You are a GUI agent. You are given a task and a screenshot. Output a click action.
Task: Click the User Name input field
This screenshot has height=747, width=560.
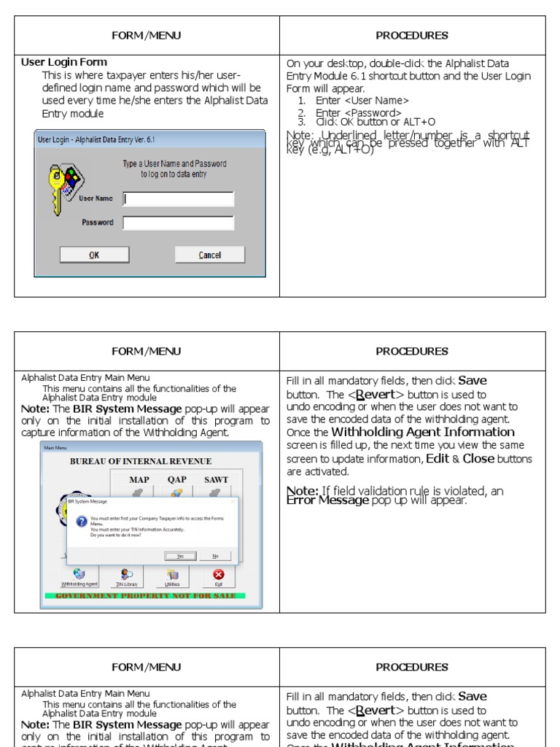(x=179, y=199)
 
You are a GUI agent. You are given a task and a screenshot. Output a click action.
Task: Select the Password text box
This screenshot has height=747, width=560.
(x=179, y=223)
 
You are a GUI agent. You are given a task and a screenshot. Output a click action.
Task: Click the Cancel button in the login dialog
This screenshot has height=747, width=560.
(x=209, y=255)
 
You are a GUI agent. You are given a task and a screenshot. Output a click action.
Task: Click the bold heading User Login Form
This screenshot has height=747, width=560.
(x=64, y=63)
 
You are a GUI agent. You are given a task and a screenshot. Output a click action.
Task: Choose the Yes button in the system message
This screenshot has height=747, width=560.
(x=180, y=556)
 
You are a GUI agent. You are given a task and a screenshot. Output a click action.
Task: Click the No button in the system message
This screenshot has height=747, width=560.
(x=215, y=556)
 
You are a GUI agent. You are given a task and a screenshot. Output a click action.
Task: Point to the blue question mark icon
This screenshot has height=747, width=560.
(x=81, y=521)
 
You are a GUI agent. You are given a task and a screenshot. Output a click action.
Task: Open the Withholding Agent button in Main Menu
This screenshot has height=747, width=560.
(x=79, y=577)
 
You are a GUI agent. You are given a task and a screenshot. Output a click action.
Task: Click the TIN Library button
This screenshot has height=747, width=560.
(x=127, y=577)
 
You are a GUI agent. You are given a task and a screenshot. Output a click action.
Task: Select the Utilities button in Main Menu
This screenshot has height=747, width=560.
(x=172, y=577)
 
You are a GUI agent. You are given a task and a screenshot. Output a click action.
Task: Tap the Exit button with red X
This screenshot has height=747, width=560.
(x=218, y=577)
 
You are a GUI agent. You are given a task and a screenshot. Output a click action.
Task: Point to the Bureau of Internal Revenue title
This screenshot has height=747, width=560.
(x=141, y=461)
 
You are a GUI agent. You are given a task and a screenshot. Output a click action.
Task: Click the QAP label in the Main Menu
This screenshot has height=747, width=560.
(x=177, y=480)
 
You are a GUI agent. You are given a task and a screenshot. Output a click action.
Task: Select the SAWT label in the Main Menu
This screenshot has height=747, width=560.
(x=216, y=480)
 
